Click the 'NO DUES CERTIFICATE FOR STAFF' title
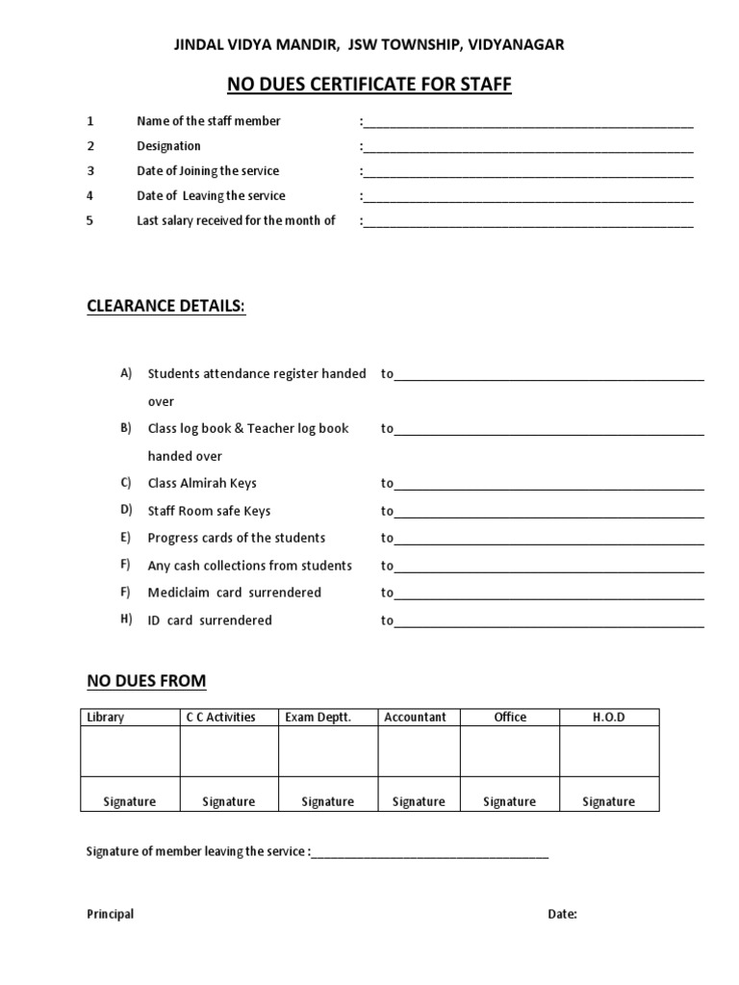point(369,86)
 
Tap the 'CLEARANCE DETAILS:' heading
point(166,306)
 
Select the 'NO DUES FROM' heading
point(146,681)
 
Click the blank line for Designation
point(528,149)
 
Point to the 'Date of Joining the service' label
point(208,171)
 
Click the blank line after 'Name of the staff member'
point(528,124)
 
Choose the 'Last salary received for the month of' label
point(236,220)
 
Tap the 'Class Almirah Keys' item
point(202,483)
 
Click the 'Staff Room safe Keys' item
point(209,511)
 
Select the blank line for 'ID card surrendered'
point(549,623)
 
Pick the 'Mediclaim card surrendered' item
point(234,593)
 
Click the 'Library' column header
point(106,718)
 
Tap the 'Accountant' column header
point(415,718)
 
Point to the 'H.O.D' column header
point(608,718)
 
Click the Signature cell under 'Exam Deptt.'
point(327,801)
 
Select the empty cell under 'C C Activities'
point(228,750)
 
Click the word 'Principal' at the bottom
point(111,915)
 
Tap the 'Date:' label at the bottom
point(563,915)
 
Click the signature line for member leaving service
point(430,854)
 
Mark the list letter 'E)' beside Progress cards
point(125,537)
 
